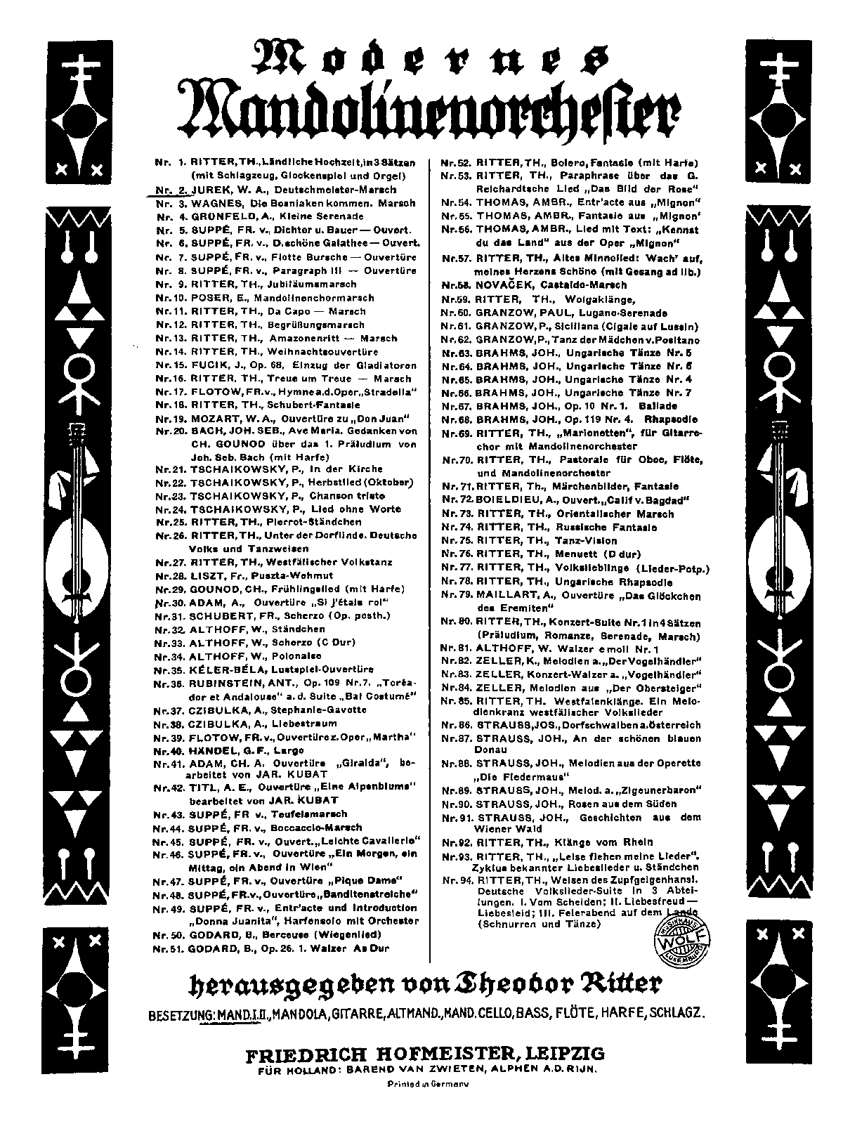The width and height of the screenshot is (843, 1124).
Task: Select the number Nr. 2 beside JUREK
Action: [169, 190]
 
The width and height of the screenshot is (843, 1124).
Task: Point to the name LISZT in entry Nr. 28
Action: [208, 575]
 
